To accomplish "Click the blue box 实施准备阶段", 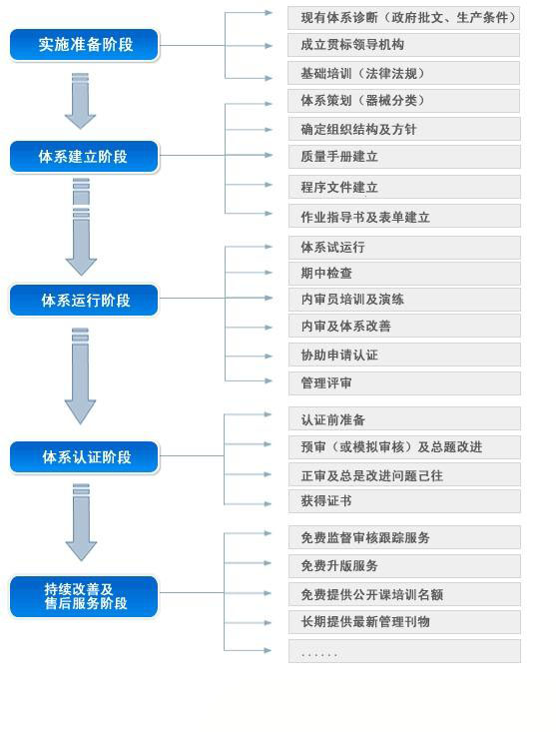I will click(x=85, y=45).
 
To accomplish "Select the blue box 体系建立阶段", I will click(x=85, y=156).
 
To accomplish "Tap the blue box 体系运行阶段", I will click(x=85, y=300).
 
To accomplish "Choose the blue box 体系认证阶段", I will click(x=85, y=457).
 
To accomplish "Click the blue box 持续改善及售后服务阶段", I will click(x=85, y=596).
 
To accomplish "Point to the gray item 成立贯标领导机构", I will click(x=404, y=45).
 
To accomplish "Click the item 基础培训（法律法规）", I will click(x=404, y=73).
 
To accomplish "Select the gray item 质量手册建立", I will click(x=404, y=157).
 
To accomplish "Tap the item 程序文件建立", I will click(x=404, y=187).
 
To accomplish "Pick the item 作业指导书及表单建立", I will click(x=404, y=217).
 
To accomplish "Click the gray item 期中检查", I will click(x=404, y=273).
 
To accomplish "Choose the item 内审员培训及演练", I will click(x=404, y=299).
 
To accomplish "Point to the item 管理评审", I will click(x=404, y=382).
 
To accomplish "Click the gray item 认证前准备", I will click(x=404, y=419).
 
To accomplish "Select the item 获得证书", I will click(x=404, y=500).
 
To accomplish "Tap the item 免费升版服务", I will click(x=404, y=565).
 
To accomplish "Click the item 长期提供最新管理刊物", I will click(x=404, y=621).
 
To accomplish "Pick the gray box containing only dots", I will click(x=404, y=651).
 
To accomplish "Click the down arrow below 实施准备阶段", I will click(x=80, y=101).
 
